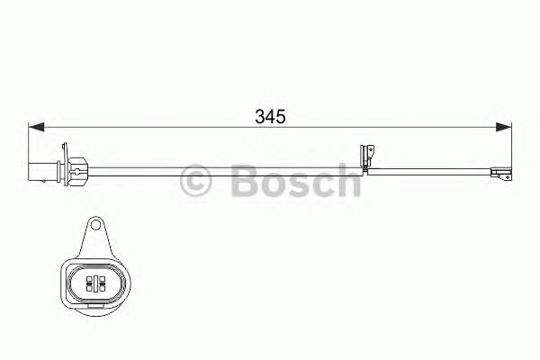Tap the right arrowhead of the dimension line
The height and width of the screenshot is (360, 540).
tap(506, 127)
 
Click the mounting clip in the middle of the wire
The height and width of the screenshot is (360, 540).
tap(366, 157)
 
